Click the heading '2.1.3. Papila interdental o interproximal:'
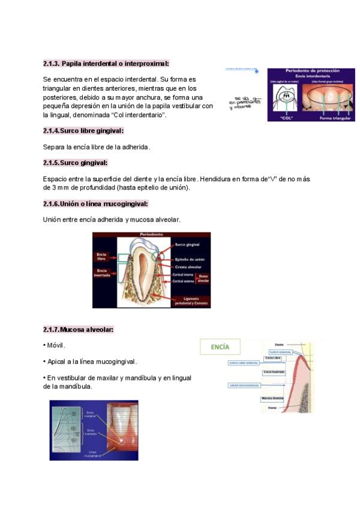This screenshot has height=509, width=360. click(106, 63)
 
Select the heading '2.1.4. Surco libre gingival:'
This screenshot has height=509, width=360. click(83, 130)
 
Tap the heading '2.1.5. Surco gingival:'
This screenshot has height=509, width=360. click(75, 163)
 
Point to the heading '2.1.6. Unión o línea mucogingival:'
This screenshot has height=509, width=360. click(95, 203)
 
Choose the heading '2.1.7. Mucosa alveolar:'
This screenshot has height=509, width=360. click(78, 330)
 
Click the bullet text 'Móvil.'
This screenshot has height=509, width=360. click(55, 346)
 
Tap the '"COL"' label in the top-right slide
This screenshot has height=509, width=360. click(287, 118)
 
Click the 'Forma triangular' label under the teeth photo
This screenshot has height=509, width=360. click(335, 118)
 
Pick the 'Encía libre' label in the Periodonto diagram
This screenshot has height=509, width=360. click(102, 256)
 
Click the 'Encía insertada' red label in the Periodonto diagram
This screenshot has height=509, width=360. click(102, 273)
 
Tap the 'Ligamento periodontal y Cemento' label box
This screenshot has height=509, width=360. click(190, 301)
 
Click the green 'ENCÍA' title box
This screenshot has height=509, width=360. click(220, 347)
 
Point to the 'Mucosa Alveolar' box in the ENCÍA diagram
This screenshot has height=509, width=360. click(272, 398)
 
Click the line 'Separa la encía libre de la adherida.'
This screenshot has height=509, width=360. click(97, 146)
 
